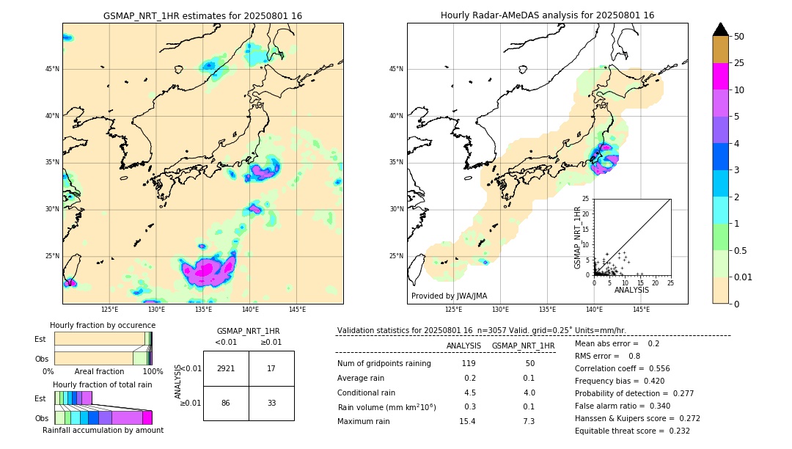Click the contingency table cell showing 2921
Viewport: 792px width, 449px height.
(x=226, y=368)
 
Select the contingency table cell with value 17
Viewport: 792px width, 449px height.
(x=271, y=368)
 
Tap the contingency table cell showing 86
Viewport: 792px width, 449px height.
(x=226, y=403)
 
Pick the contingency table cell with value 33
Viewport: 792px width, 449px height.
(x=271, y=403)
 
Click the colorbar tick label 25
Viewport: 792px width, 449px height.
(x=740, y=63)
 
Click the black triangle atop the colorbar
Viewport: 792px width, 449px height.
(x=721, y=29)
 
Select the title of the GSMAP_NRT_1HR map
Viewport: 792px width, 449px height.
(x=202, y=15)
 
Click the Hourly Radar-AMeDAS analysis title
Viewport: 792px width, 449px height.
(x=547, y=15)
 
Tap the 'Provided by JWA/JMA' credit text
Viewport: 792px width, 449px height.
(x=449, y=296)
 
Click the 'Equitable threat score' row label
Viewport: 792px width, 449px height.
(x=610, y=431)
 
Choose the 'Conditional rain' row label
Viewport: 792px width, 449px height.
(x=366, y=393)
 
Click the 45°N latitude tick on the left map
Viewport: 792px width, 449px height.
(x=51, y=69)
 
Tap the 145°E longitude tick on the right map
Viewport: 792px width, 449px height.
(x=641, y=310)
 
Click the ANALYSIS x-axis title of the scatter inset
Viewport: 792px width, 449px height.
(x=631, y=290)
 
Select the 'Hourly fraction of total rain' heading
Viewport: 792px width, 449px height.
(x=103, y=384)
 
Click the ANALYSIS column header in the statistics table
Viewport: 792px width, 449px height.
(x=463, y=346)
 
